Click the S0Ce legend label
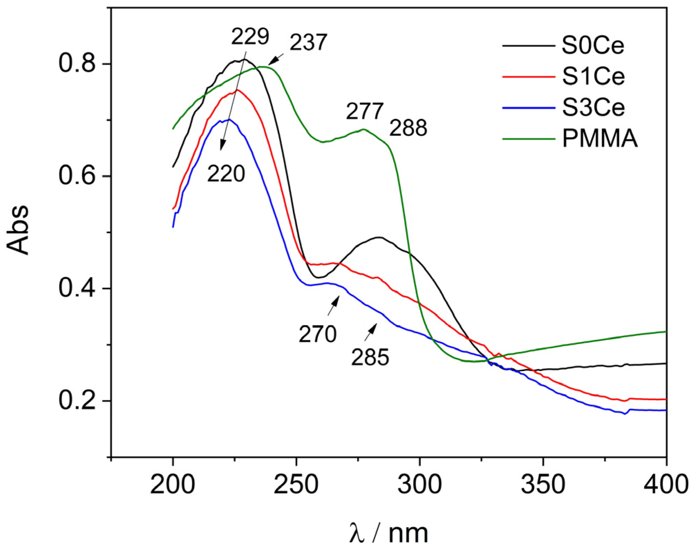click(593, 45)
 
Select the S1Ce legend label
click(593, 76)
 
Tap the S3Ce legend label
click(593, 107)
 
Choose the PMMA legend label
click(600, 139)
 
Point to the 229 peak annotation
click(249, 36)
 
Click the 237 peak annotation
click(308, 43)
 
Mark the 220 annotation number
click(226, 173)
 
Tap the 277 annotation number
click(365, 111)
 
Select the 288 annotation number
click(408, 128)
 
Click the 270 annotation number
click(317, 334)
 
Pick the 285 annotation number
click(370, 357)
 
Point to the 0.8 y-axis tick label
click(77, 64)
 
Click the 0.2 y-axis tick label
click(77, 401)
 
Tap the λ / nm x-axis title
click(388, 533)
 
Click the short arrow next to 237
click(276, 59)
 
